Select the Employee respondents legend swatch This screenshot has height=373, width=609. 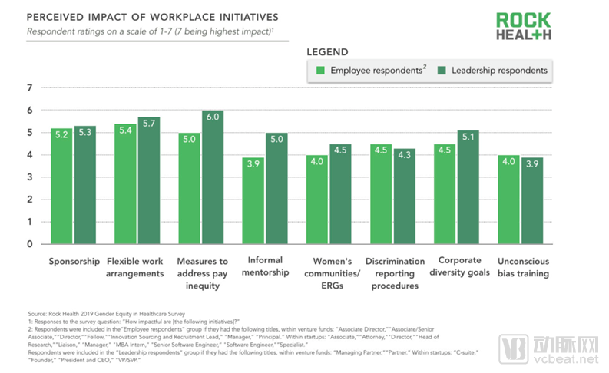(322, 71)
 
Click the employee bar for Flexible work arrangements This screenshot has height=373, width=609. (125, 184)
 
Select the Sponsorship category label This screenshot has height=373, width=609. (74, 261)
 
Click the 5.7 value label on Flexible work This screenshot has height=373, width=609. (150, 122)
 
